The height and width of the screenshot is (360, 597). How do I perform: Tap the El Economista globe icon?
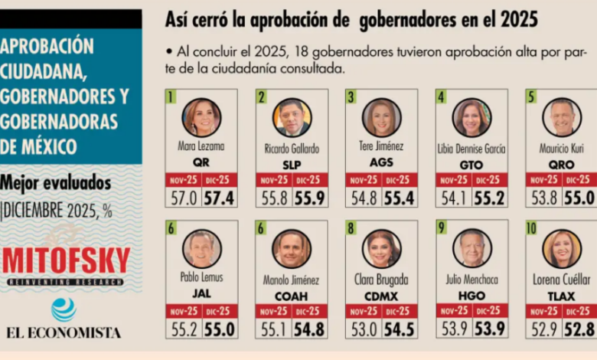click(64, 309)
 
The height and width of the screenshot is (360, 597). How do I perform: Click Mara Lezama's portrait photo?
click(201, 117)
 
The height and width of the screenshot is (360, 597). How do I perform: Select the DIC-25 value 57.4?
click(219, 198)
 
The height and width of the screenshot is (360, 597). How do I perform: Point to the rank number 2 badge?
click(262, 97)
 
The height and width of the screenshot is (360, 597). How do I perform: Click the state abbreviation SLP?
click(292, 162)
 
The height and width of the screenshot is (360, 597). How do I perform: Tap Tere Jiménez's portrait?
click(381, 117)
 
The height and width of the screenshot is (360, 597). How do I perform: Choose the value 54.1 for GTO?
click(453, 198)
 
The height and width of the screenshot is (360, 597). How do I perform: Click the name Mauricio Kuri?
click(562, 149)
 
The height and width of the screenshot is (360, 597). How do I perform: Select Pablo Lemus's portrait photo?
click(201, 249)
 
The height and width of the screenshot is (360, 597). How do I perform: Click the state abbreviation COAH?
click(292, 294)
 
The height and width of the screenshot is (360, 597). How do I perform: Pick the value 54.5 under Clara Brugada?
click(399, 330)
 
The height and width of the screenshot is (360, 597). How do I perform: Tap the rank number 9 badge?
click(442, 228)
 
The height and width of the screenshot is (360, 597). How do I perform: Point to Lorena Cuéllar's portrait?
click(562, 249)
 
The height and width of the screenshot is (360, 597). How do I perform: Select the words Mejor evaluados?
click(55, 183)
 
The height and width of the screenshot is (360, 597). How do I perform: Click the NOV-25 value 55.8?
click(273, 198)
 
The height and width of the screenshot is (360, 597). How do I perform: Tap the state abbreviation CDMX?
click(381, 294)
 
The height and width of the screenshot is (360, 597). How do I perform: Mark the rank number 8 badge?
click(351, 228)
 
